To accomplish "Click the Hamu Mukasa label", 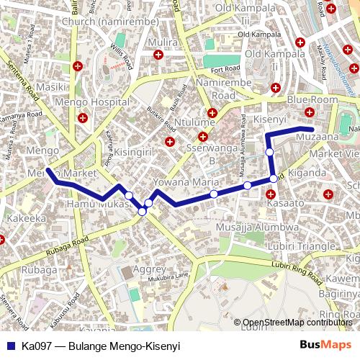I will pos(91,205).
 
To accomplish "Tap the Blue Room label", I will pos(312,99).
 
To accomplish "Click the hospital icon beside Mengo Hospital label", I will pos(84,117).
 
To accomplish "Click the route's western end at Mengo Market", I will pos(48,171).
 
